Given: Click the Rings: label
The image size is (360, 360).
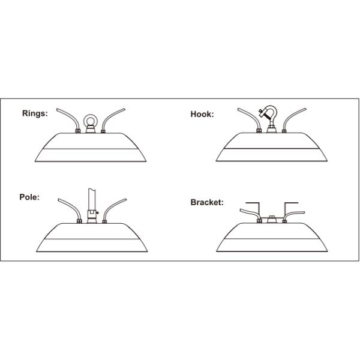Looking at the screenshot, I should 35,113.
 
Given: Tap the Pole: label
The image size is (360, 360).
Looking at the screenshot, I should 30,196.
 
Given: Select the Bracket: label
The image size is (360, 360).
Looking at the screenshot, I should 207,202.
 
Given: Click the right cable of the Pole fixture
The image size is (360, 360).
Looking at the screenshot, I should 114,207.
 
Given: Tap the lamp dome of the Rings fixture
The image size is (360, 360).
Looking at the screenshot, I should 91,150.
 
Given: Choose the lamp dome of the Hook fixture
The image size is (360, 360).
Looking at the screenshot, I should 271,150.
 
